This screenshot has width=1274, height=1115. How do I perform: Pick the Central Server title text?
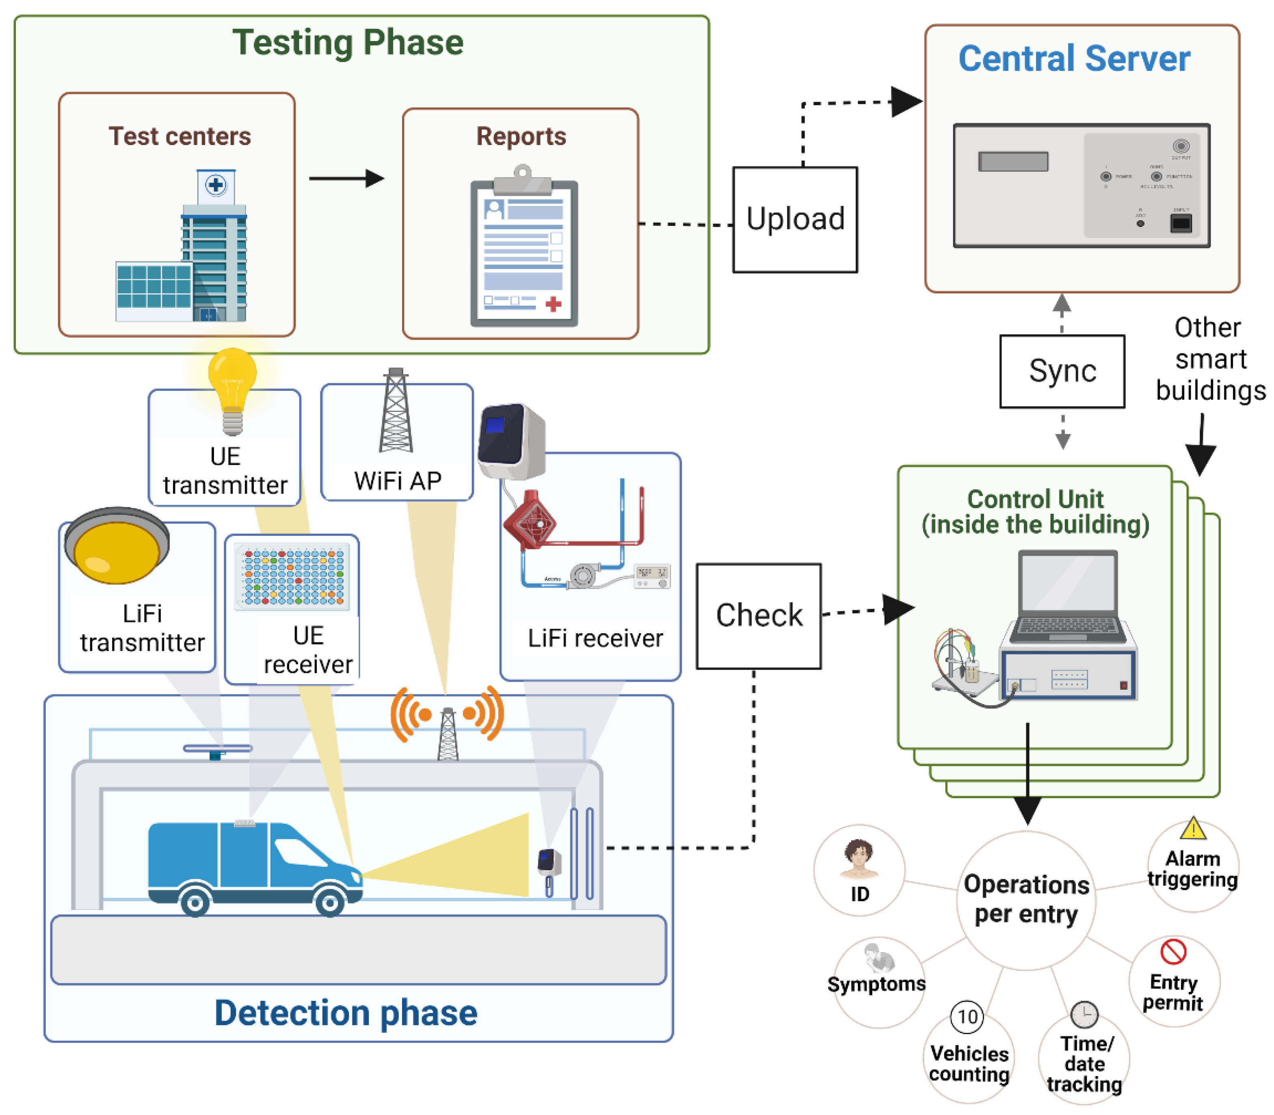click(x=1074, y=59)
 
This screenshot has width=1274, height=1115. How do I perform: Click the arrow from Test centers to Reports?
click(x=346, y=179)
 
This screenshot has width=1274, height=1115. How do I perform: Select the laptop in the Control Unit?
click(x=1067, y=598)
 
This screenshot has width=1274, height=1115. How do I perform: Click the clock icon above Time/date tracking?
click(x=1084, y=1014)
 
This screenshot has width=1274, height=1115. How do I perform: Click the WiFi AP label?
click(x=398, y=481)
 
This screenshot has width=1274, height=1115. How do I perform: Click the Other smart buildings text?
click(x=1209, y=359)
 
